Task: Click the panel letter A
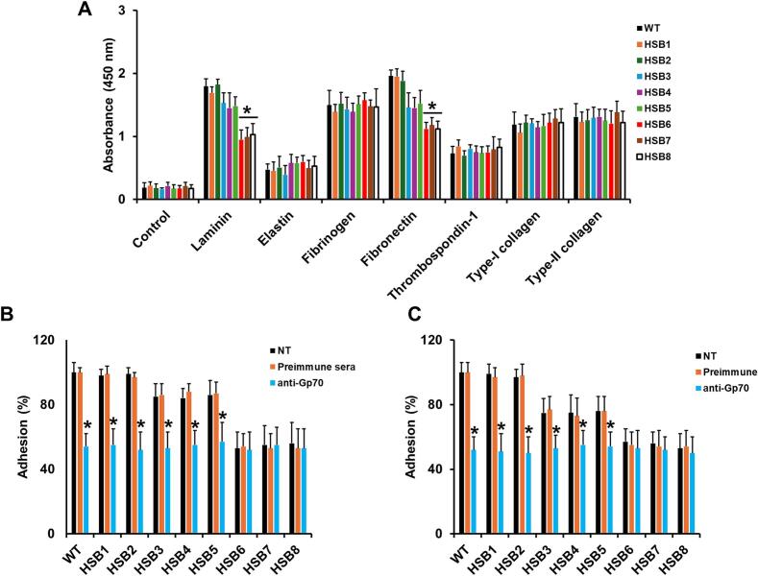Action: [85, 12]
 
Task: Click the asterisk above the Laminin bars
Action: [247, 111]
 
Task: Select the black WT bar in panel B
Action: [74, 452]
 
